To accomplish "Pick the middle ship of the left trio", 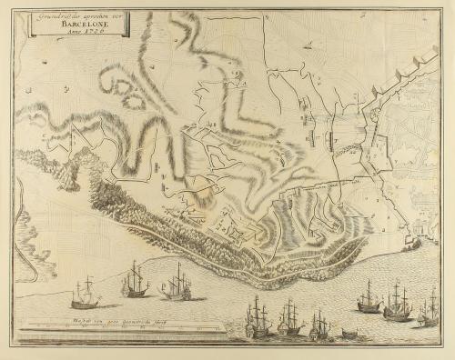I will (x=135, y=280).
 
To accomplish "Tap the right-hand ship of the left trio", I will (x=177, y=283).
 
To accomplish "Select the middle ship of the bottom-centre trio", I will (x=289, y=318).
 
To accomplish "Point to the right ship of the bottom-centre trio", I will (x=319, y=325).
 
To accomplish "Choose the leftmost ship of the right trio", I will (x=369, y=297).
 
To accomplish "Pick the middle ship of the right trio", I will (x=397, y=301).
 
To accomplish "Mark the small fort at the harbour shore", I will (x=412, y=243).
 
